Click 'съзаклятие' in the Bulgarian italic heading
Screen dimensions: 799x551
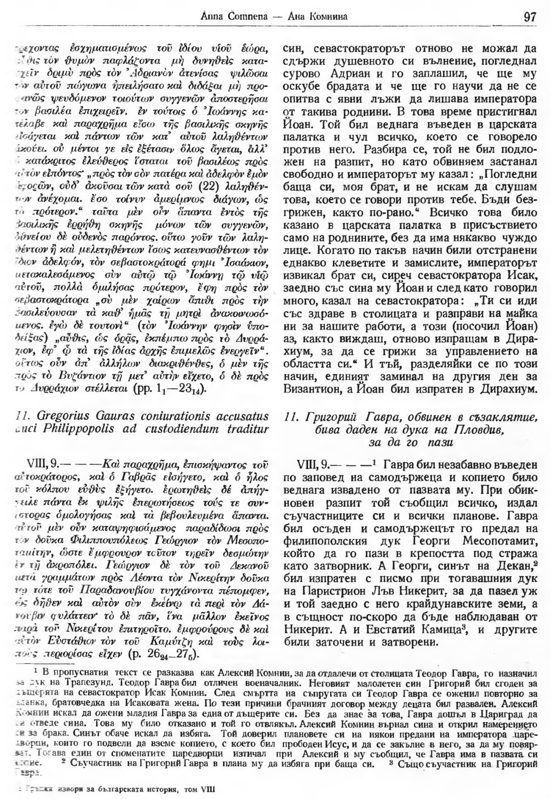[498, 418]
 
